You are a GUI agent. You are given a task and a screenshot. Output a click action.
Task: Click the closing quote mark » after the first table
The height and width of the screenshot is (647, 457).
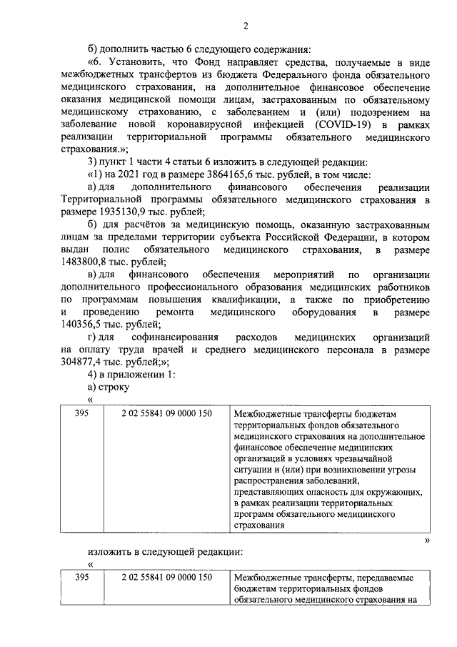pos(427,540)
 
